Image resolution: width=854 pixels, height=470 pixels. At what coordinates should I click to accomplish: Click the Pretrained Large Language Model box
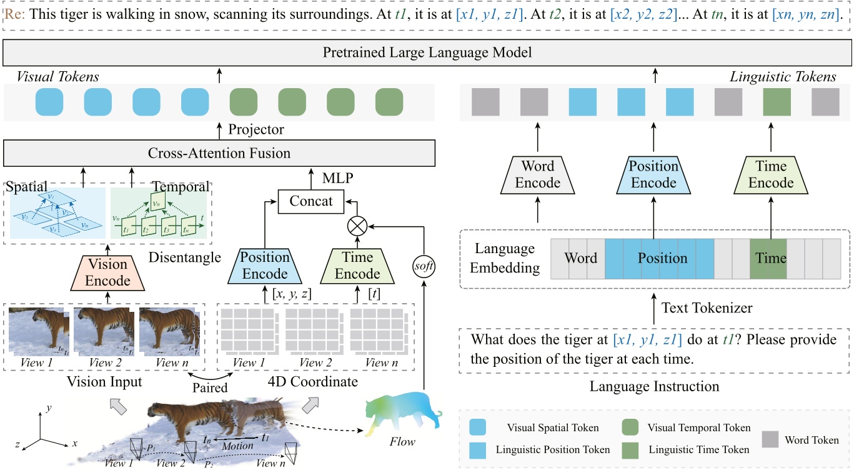coord(427,52)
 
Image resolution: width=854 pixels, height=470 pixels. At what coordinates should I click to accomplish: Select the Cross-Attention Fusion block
coord(219,153)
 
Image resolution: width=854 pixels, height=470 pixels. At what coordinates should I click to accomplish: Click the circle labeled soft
coord(424,267)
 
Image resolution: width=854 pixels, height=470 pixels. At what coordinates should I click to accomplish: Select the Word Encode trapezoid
coord(537,174)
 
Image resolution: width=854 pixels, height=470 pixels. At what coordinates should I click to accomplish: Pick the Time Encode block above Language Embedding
coord(770,174)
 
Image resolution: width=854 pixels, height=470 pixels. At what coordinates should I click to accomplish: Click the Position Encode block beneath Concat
coord(265,265)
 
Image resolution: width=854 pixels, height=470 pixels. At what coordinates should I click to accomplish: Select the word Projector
coord(256,129)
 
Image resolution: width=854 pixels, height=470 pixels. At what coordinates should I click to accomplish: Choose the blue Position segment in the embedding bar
coord(658,257)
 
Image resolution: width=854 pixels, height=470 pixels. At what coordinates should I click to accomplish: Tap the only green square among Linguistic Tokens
coord(776,101)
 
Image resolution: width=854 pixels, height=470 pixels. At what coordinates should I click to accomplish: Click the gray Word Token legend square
coord(772,440)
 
